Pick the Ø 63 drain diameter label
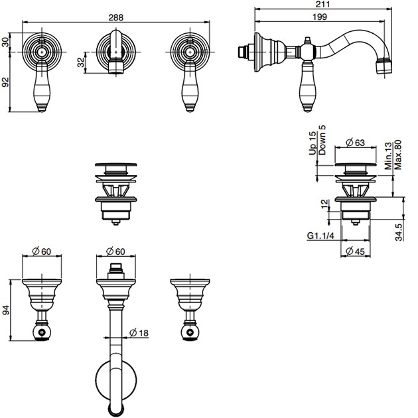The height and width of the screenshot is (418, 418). [x=356, y=142]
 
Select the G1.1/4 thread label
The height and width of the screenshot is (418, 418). [x=320, y=236]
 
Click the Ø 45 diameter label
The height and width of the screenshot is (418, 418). [x=357, y=251]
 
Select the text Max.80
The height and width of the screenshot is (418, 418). [x=399, y=154]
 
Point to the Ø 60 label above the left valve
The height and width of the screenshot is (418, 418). [x=42, y=251]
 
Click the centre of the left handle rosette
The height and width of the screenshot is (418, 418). [x=42, y=50]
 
